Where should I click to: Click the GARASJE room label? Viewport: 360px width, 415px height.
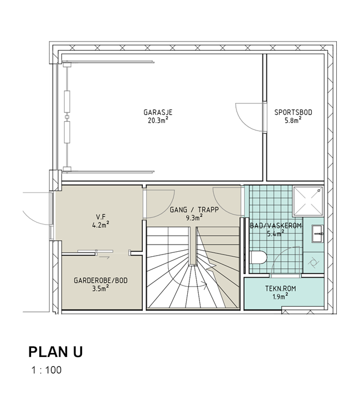[158, 112]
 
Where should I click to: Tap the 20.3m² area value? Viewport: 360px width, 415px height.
[158, 121]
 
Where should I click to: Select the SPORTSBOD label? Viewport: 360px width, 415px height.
[293, 112]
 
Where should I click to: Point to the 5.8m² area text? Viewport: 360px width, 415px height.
[293, 121]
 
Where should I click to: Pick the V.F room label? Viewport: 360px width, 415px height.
[101, 217]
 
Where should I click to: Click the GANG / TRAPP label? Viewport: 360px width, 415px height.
[194, 210]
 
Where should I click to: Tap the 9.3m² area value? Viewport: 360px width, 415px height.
[194, 218]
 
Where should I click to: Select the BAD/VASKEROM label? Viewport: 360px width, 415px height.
[276, 226]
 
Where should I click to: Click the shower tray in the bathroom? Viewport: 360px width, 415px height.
[308, 201]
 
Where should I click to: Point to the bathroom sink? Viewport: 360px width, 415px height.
[317, 234]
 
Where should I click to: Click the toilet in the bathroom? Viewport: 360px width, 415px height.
[258, 257]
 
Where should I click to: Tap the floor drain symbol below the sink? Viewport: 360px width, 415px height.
[313, 262]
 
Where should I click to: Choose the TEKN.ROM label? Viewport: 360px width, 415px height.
[281, 288]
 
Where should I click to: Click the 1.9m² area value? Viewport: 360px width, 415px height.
[281, 297]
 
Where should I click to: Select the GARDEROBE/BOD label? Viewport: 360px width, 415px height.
[101, 281]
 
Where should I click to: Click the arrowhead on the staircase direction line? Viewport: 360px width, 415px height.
[205, 285]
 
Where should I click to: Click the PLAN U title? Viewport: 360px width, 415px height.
[55, 352]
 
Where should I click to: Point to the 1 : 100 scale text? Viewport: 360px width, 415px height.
[47, 370]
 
